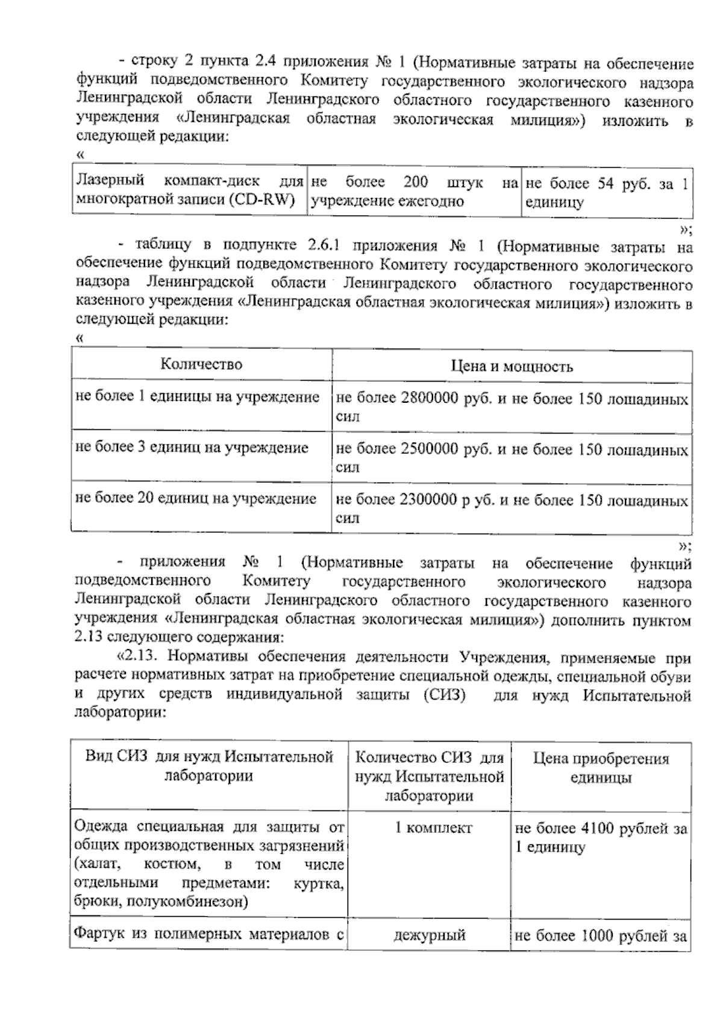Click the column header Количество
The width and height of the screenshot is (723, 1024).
coord(201,364)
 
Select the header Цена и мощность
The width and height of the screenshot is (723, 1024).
coord(512,366)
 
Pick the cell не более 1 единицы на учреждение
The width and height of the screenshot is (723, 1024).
coord(197,397)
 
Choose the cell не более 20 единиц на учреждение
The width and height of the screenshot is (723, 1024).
coord(195,498)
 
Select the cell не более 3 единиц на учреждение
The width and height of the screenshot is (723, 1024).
coord(192,447)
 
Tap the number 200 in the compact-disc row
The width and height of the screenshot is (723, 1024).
coord(416,182)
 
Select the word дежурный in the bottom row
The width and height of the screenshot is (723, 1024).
coord(429,935)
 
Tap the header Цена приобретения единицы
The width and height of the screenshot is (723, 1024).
coord(601,768)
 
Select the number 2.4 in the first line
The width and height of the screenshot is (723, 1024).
coord(264,62)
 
